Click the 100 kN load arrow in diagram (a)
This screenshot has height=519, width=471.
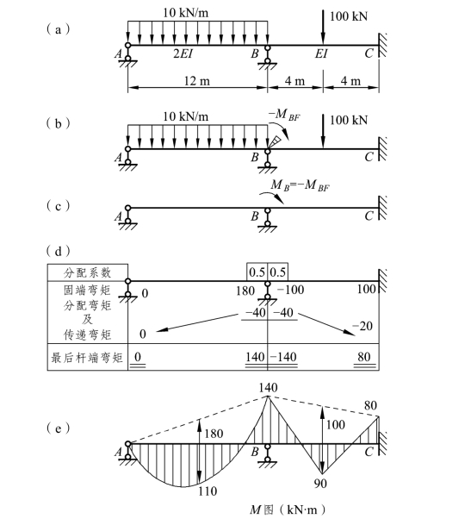point(323,27)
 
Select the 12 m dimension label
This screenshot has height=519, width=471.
point(196,81)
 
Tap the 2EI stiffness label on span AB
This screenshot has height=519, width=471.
point(183,53)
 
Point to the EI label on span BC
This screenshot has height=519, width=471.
point(321,53)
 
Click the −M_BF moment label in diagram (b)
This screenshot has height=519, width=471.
point(284,115)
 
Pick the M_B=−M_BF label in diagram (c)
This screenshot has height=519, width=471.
point(301,185)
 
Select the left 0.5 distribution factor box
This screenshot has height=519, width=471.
point(257,272)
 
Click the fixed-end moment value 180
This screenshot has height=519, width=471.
point(245,291)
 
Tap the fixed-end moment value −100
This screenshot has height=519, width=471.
point(290,290)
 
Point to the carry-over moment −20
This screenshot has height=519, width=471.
point(363,326)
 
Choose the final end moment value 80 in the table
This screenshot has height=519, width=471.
point(364,356)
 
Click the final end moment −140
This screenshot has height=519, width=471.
point(283,357)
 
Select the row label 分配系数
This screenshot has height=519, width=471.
point(87,272)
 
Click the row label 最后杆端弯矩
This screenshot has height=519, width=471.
point(87,358)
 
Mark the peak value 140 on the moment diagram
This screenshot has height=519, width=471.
point(268,388)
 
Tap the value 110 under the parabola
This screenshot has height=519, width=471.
point(208,491)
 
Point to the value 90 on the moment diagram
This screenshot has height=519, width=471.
point(320,484)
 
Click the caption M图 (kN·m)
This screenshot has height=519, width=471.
point(288,509)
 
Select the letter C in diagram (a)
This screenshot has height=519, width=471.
point(369,53)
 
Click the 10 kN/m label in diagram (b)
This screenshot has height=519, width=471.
point(185,116)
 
